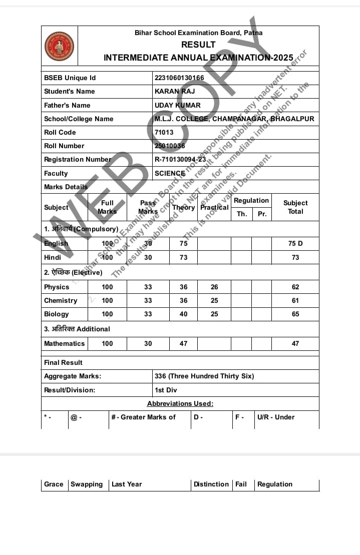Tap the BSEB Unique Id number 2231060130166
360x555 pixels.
click(x=179, y=78)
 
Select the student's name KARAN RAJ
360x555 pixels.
click(x=175, y=92)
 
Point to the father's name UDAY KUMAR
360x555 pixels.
click(x=177, y=105)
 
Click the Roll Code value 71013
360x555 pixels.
click(x=164, y=133)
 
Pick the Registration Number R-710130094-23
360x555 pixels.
click(x=180, y=160)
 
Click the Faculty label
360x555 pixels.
click(x=56, y=173)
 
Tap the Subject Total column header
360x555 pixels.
click(x=295, y=207)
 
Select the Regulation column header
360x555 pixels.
click(x=251, y=201)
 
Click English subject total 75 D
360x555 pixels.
click(x=295, y=244)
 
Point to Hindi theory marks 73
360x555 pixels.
click(x=184, y=257)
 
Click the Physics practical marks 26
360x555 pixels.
click(x=214, y=287)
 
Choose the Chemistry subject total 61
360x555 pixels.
click(x=295, y=301)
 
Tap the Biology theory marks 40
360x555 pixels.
click(x=184, y=314)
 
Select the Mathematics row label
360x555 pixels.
click(x=64, y=344)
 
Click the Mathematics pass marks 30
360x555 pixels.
click(x=148, y=344)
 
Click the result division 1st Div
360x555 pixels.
click(x=166, y=390)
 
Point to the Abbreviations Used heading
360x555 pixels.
click(x=180, y=403)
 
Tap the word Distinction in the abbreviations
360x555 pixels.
click(x=211, y=484)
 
